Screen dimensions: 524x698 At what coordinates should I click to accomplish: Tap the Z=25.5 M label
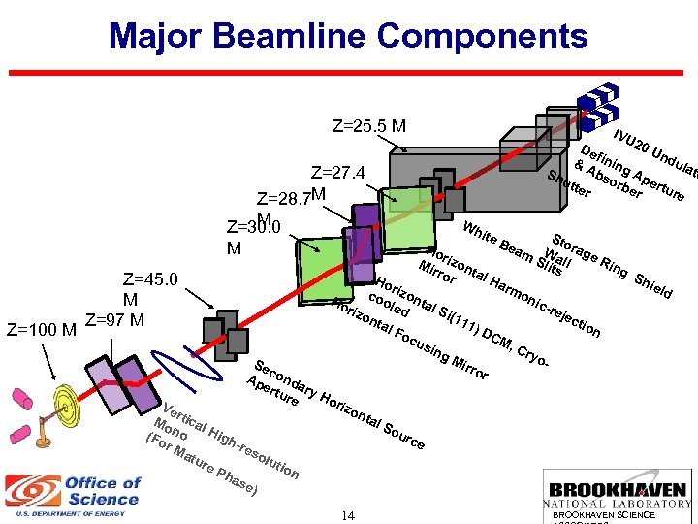[x=368, y=126]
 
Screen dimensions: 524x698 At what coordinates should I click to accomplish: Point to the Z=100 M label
[x=41, y=327]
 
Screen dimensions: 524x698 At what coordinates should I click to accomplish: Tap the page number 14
[x=348, y=515]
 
